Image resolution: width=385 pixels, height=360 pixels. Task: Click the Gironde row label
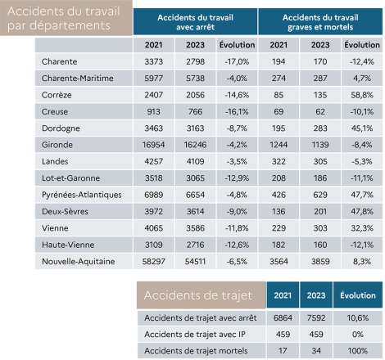pyautogui.click(x=57, y=145)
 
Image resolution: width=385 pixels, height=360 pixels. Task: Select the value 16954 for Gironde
pyautogui.click(x=153, y=145)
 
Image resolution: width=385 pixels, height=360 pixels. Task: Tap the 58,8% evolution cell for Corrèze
pyautogui.click(x=362, y=95)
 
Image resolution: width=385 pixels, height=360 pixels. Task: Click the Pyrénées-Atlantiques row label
pyautogui.click(x=82, y=195)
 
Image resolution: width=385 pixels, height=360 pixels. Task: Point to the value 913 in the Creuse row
pyautogui.click(x=153, y=111)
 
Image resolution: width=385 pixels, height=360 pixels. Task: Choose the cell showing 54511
pyautogui.click(x=195, y=261)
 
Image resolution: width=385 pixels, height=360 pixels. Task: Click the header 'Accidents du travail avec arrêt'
pyautogui.click(x=195, y=22)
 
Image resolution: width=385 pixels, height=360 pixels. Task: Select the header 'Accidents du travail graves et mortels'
pyautogui.click(x=320, y=22)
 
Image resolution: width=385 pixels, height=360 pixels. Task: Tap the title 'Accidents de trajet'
pyautogui.click(x=198, y=295)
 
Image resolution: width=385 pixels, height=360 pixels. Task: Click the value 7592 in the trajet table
pyautogui.click(x=316, y=317)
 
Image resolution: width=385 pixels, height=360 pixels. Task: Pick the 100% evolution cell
pyautogui.click(x=358, y=350)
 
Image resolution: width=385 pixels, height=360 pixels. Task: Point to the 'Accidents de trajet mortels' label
pyautogui.click(x=196, y=350)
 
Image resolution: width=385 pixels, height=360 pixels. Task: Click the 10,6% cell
pyautogui.click(x=358, y=317)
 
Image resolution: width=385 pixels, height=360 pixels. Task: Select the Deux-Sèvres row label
pyautogui.click(x=65, y=211)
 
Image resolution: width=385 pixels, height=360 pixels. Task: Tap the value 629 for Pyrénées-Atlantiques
pyautogui.click(x=320, y=195)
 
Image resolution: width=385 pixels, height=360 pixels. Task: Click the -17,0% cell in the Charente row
pyautogui.click(x=237, y=61)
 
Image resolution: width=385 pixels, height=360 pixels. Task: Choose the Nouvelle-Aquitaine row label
pyautogui.click(x=79, y=261)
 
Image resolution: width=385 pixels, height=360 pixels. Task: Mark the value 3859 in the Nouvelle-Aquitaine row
pyautogui.click(x=320, y=261)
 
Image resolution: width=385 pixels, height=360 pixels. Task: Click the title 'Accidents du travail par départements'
pyautogui.click(x=64, y=18)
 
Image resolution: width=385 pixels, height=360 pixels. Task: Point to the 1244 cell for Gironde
pyautogui.click(x=279, y=145)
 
